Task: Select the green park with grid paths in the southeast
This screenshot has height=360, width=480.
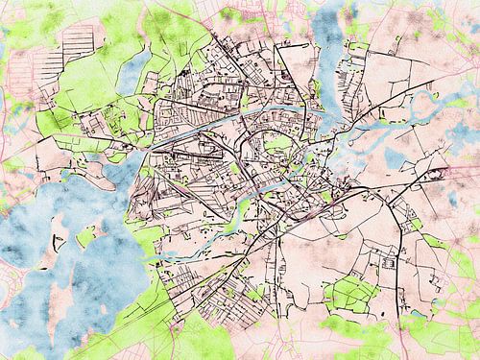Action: (x=351, y=292)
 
